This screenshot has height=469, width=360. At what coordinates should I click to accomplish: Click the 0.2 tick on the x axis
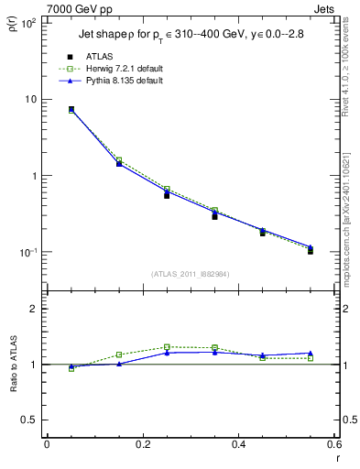143,444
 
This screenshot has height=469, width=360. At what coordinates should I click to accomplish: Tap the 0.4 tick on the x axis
238,444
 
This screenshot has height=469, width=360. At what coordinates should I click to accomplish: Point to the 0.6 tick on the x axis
333,444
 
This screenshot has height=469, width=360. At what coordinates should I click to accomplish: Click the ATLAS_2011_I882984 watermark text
190,273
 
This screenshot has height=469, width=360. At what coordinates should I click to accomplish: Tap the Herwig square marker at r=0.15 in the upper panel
119,160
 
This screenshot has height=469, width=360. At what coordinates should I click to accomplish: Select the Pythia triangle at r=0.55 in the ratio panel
311,353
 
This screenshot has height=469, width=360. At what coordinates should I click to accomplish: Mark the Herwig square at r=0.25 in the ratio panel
167,347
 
